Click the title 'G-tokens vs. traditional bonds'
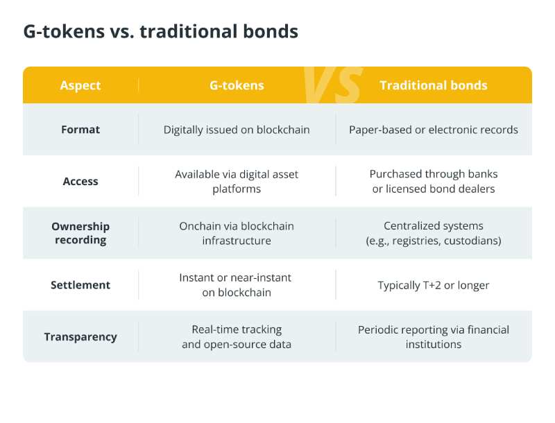point(161,31)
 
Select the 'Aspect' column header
point(80,85)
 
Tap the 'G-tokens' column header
point(237,85)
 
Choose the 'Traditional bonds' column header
point(433,85)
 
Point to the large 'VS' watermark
point(333,85)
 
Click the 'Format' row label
point(80,130)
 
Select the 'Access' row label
point(80,181)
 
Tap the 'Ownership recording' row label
point(80,233)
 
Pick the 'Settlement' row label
point(80,285)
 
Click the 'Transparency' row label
point(80,337)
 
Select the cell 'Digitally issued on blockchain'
point(237,130)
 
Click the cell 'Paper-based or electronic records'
point(433,130)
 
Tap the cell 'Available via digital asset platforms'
point(237,182)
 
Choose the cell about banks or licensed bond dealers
point(433,182)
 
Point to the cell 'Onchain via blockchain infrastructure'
point(237,233)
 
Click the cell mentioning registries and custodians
point(433,233)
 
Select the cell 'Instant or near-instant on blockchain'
point(236,285)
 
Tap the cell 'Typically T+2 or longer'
point(433,285)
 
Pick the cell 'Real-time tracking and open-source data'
point(237,337)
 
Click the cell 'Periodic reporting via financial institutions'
point(433,337)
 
